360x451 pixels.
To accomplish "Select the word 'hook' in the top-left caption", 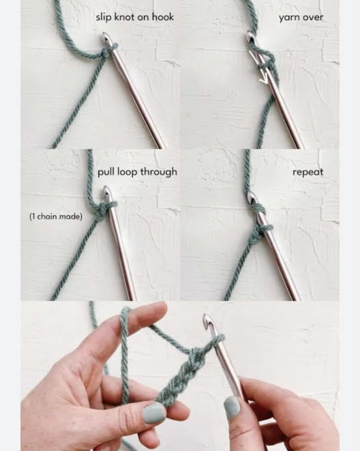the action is [163, 17].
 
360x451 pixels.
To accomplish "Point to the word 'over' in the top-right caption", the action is [312, 18].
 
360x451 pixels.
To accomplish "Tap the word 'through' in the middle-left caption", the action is [158, 172].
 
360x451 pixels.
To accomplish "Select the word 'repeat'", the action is [308, 172].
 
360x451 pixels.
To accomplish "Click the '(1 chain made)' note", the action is [56, 216].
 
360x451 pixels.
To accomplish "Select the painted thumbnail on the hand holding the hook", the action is [232, 407].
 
